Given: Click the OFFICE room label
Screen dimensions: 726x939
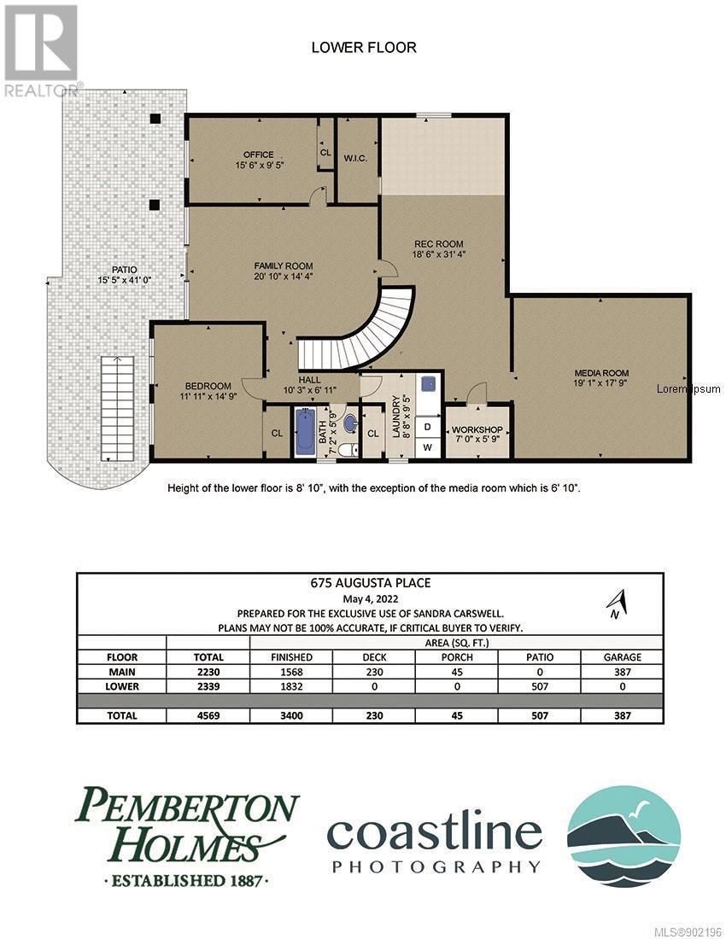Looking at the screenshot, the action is [x=259, y=155].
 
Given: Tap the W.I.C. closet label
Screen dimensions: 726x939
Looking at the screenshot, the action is [x=355, y=159].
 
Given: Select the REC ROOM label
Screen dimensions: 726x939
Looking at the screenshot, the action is [x=439, y=244].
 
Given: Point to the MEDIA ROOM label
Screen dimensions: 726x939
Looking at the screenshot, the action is [x=601, y=372].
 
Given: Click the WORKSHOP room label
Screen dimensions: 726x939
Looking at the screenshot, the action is [x=477, y=430].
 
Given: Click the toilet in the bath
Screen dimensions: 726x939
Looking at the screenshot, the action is [x=348, y=448].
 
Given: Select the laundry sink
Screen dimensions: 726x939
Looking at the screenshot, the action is [x=429, y=383].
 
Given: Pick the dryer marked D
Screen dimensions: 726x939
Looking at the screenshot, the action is [x=428, y=427].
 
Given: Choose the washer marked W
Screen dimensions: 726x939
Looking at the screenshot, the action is [x=428, y=447].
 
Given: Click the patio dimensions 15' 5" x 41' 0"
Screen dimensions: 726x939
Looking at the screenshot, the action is [x=125, y=280].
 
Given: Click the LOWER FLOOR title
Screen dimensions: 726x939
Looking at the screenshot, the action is [x=364, y=47].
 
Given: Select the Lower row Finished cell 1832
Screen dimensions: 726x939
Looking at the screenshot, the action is [x=291, y=686].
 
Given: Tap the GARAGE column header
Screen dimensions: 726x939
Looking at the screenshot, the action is [x=623, y=657].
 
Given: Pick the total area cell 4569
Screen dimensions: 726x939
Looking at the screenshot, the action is [x=208, y=715].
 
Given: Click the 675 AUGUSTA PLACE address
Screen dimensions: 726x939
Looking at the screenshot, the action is [x=370, y=583].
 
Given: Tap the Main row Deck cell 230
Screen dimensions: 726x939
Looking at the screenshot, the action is [x=374, y=672].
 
